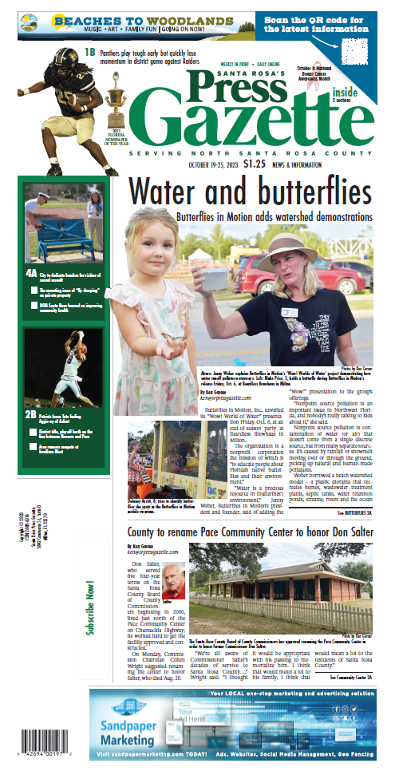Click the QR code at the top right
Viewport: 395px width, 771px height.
[357, 52]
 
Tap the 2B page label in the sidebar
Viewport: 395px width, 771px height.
[31, 414]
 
